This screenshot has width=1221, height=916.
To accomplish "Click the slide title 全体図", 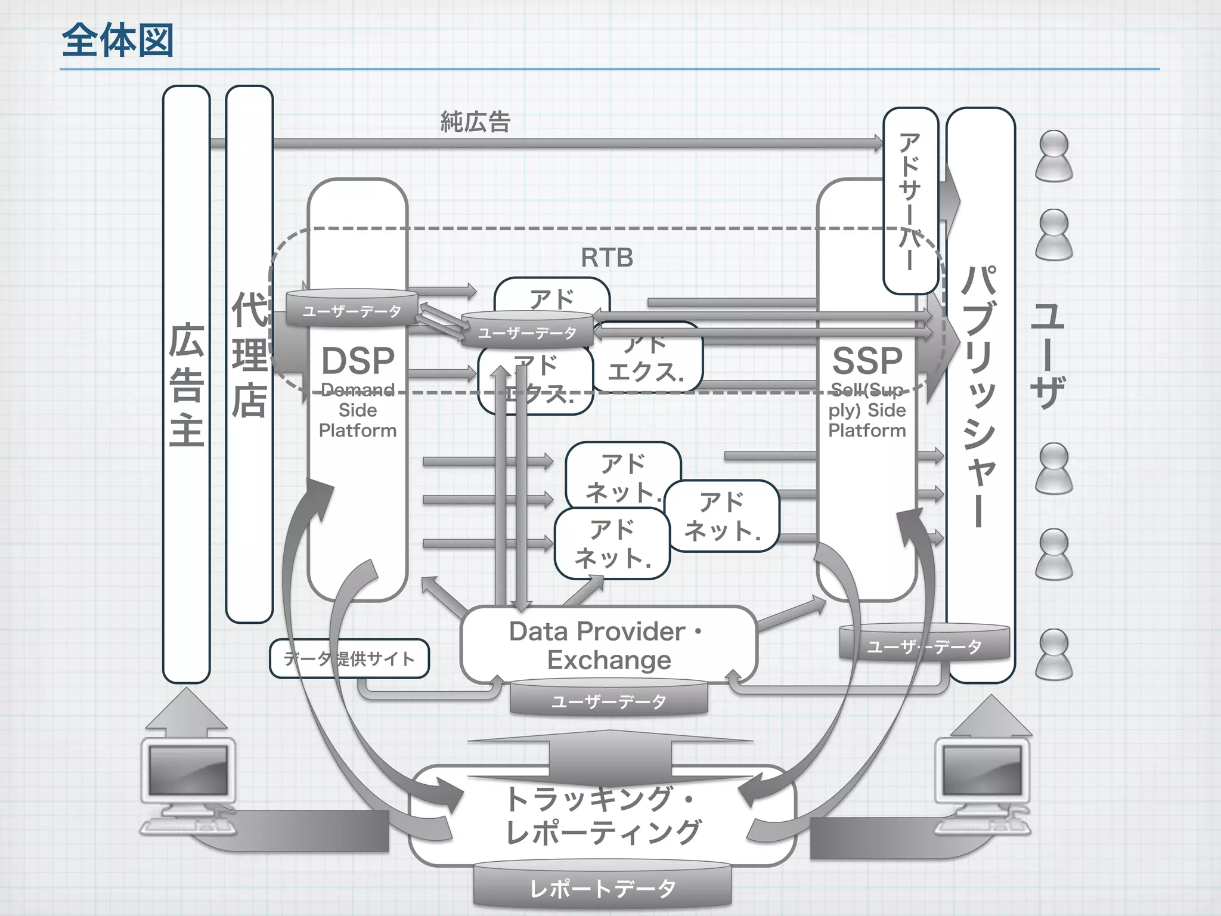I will point(117,41).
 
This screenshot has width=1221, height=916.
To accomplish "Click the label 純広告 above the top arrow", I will point(475,122).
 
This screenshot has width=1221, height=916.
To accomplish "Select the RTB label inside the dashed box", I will point(606,258).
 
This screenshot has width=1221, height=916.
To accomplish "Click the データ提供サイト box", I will point(349,658).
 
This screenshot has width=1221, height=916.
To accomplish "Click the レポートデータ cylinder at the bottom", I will point(602,889).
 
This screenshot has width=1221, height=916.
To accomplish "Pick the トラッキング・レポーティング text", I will point(602,816).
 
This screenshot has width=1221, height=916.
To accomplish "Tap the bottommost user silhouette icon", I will point(1053,655).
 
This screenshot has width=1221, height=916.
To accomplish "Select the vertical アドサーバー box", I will point(910,200).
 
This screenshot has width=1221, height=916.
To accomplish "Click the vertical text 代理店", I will point(249,354).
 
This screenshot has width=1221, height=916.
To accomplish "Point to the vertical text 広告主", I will point(187,385).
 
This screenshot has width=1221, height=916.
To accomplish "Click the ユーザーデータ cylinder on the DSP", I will point(352,309).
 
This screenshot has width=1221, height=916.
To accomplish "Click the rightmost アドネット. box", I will point(722,516).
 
